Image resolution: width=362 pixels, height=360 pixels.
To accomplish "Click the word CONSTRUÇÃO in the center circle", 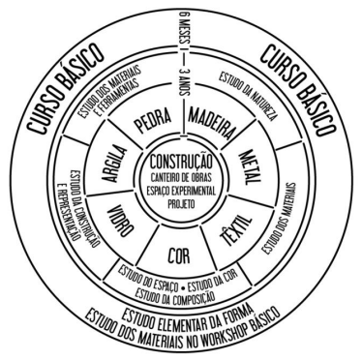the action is point(181,162).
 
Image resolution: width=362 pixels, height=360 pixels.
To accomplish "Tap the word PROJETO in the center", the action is point(181,204).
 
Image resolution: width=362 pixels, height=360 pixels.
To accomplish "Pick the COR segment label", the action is point(178,255).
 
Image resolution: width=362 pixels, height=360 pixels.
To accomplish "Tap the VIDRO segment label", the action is point(120,222).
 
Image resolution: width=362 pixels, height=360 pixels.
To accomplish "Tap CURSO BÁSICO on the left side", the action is point(65,88).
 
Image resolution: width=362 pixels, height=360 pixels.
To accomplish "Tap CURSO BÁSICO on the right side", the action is point(298,90).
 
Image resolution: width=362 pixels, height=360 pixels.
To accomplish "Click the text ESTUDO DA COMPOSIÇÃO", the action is point(174,295).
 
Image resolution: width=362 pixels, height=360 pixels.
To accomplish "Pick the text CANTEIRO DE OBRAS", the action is point(181,177).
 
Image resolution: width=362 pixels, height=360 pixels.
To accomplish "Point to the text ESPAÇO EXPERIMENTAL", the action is point(181,191).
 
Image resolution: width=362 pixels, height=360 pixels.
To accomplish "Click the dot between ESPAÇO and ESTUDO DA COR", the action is point(183,285).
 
